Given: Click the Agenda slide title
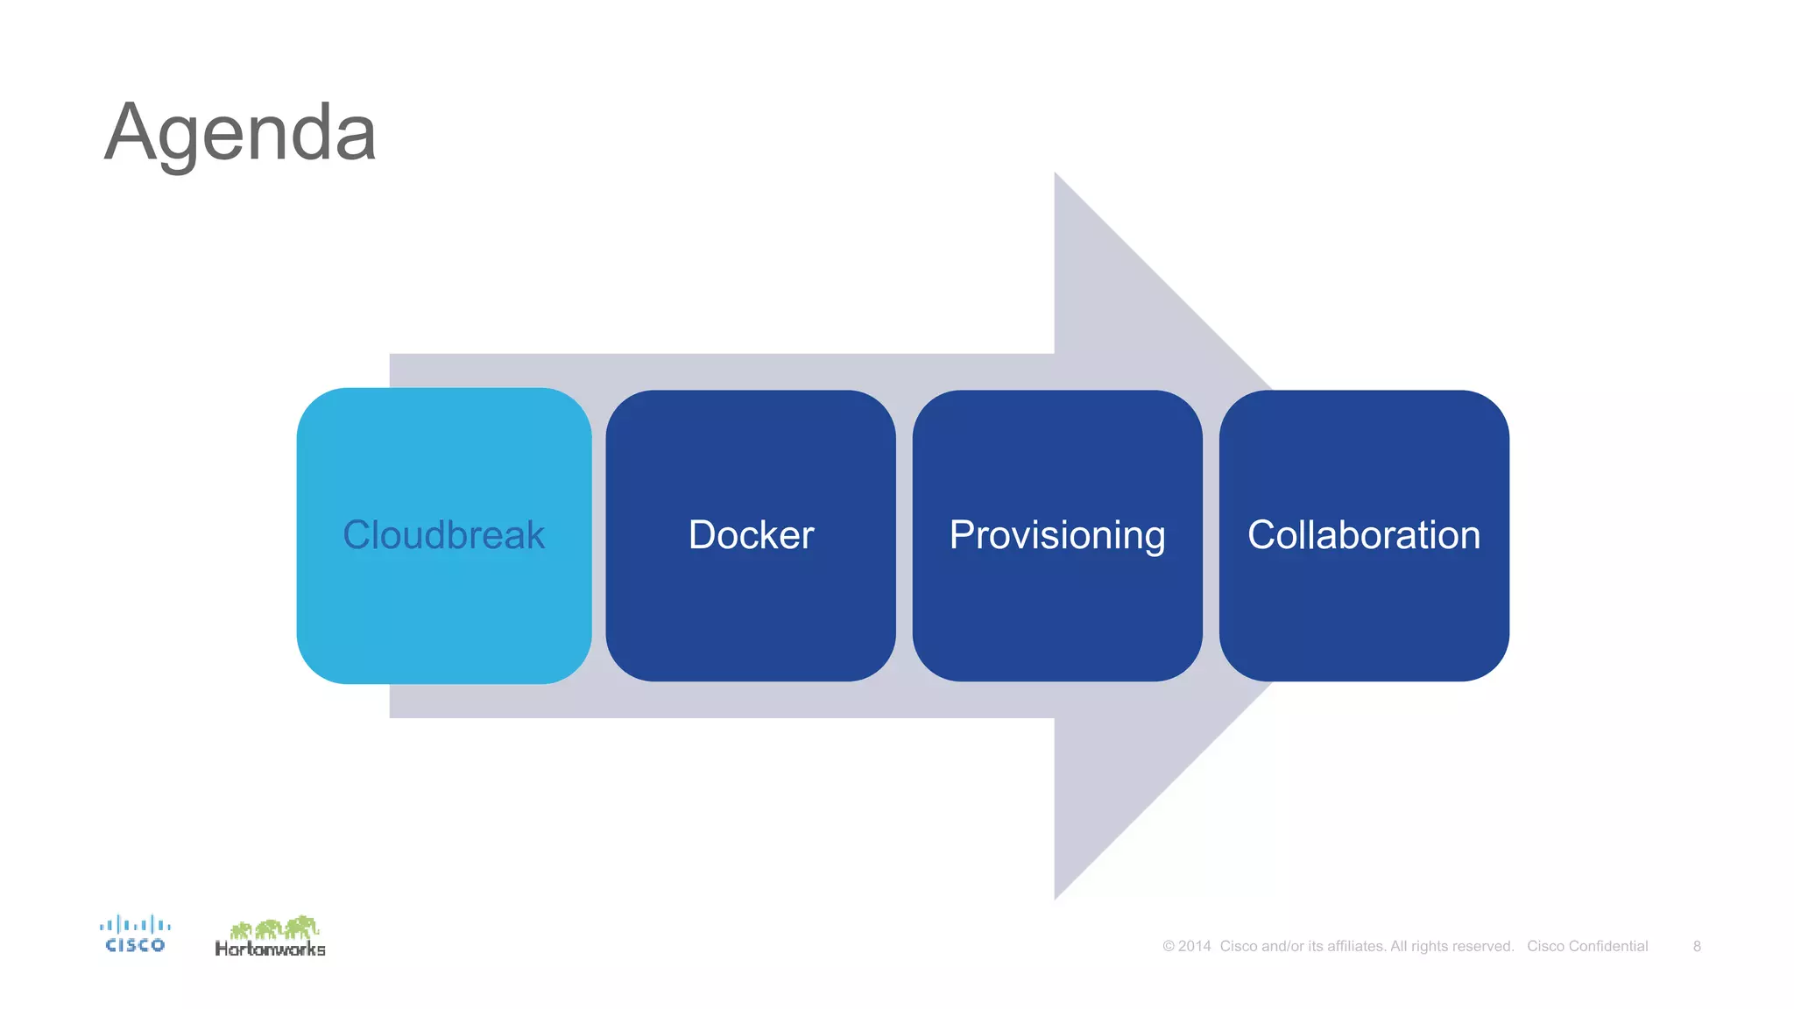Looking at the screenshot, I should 240,133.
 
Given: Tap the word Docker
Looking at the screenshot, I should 751,535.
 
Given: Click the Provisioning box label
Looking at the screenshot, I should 1057,535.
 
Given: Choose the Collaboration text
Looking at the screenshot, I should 1364,535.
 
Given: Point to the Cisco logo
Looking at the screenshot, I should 135,935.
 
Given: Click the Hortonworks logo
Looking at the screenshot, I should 270,938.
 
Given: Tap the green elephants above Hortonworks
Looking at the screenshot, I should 274,927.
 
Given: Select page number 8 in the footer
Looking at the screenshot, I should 1697,946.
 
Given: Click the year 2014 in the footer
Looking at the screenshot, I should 1194,946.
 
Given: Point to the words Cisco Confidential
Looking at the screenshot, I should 1587,946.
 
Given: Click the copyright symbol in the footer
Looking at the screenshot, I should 1169,947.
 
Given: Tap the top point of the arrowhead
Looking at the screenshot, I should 1056,176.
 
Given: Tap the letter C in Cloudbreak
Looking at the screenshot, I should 357,535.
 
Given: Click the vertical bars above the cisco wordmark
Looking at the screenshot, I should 135,924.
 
